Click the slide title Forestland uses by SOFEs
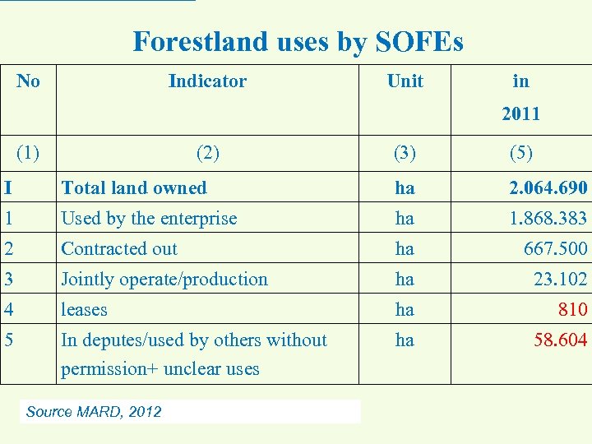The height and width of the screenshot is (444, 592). click(298, 41)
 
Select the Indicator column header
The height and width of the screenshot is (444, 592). click(207, 81)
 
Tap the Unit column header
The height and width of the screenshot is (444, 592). click(405, 81)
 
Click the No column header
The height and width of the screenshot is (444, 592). click(28, 81)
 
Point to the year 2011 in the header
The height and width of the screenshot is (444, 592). click(520, 113)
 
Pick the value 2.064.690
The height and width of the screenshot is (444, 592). click(548, 187)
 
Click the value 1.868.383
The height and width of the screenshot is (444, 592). click(548, 218)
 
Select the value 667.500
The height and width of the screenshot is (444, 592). click(555, 248)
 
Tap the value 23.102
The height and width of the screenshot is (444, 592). click(560, 279)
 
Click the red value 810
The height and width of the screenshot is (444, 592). click(571, 309)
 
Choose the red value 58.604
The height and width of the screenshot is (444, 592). click(560, 340)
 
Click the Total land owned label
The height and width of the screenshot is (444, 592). click(134, 187)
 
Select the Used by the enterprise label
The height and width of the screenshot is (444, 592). click(149, 218)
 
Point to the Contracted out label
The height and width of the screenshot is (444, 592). click(119, 248)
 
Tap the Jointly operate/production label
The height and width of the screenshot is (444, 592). click(164, 279)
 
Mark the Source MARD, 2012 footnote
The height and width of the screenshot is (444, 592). click(94, 411)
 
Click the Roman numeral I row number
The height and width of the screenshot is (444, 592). click(7, 187)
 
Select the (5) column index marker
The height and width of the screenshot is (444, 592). click(520, 152)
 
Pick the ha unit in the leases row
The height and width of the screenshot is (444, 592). click(405, 309)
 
